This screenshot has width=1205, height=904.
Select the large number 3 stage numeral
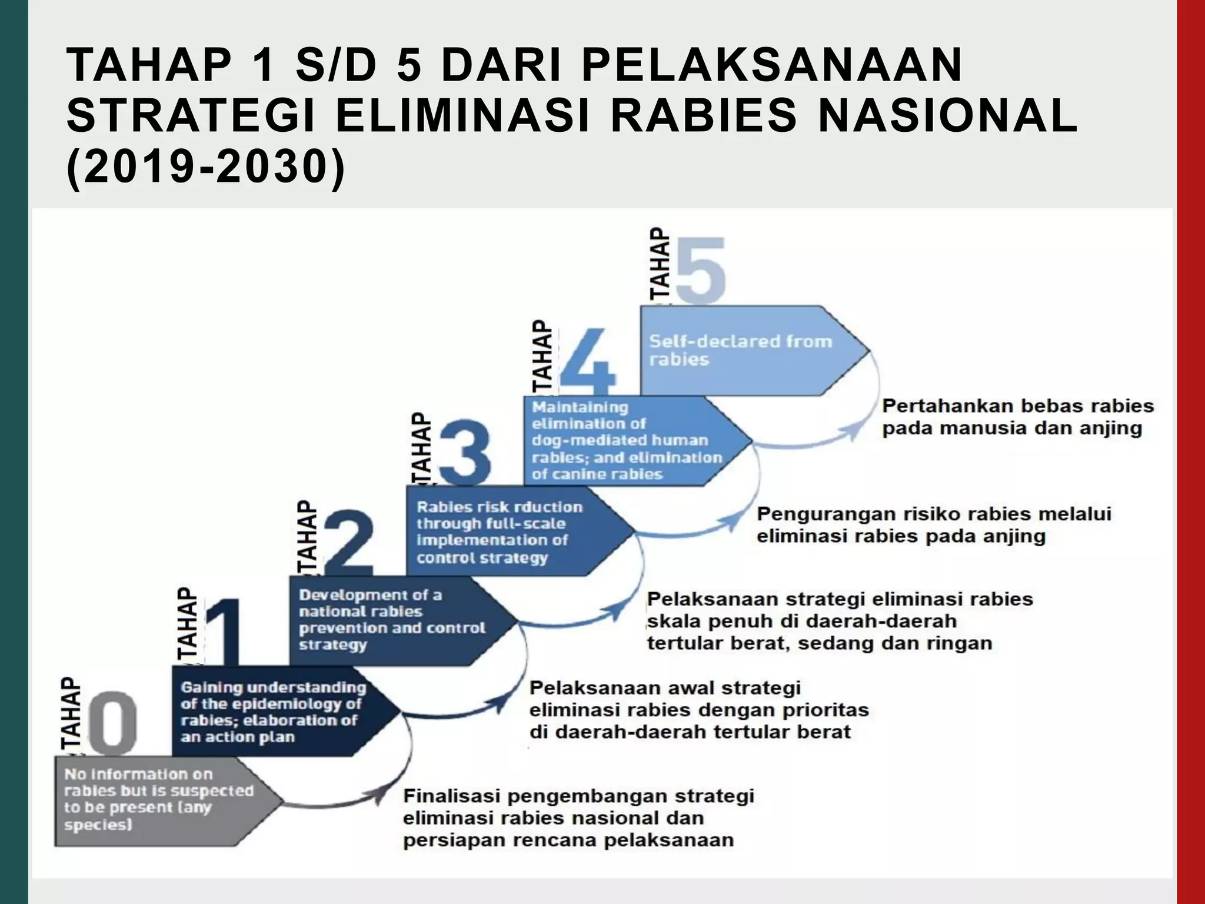[x=465, y=452]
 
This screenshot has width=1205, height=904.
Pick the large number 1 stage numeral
[x=224, y=632]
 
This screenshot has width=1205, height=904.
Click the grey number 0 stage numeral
[x=115, y=722]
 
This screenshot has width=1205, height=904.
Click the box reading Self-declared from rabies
[x=741, y=350]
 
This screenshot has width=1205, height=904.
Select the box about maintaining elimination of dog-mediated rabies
[x=627, y=440]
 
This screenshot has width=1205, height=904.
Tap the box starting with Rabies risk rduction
[x=506, y=531]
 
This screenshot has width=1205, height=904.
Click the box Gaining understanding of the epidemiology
[x=274, y=712]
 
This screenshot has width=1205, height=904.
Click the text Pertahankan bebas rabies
[x=1018, y=406]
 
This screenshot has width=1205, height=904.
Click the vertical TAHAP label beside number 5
[x=660, y=265]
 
